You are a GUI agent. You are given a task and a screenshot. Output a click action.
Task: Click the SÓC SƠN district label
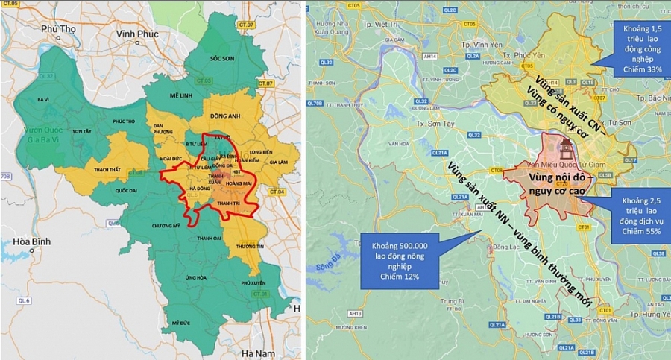tap(221, 57)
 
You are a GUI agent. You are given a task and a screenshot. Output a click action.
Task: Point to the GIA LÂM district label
tap(278, 162)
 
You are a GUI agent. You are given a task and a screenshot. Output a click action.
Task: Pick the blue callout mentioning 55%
tap(637, 215)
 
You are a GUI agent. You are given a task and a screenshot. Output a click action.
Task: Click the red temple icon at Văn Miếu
tap(564, 149)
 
